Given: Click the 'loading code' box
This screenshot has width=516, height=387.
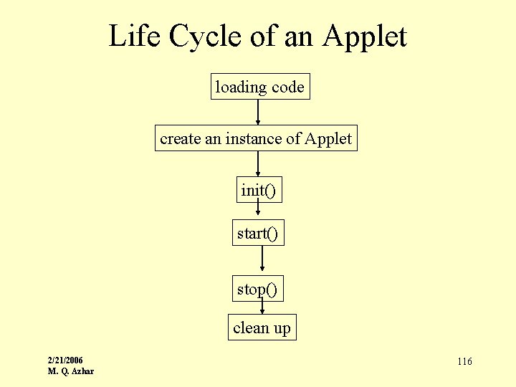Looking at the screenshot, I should point(259,87).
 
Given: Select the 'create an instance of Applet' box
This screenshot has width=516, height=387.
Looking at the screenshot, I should point(256,138).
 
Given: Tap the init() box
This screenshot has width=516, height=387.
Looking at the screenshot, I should point(258,191).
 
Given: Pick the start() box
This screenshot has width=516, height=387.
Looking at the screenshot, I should point(258,233).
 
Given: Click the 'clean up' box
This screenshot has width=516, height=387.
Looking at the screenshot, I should point(262,328).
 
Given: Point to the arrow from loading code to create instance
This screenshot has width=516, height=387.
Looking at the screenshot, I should point(258,113).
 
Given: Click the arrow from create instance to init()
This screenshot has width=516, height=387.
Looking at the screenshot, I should point(258,164).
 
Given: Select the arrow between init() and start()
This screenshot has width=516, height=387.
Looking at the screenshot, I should point(258,211).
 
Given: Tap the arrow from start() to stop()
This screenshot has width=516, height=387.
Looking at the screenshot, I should point(262,260).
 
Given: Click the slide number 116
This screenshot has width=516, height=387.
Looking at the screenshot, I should point(464,361).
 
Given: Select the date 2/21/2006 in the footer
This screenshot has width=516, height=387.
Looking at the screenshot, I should point(65,360).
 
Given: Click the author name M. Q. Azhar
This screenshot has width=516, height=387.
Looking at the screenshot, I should point(70,371).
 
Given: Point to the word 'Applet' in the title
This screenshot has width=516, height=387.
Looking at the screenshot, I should point(365,36).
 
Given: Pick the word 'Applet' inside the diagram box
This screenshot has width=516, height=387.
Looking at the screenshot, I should point(328,138).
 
